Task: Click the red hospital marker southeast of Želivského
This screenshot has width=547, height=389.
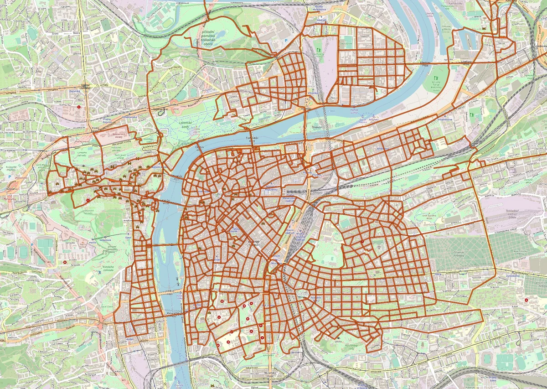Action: pyautogui.click(x=527, y=300)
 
